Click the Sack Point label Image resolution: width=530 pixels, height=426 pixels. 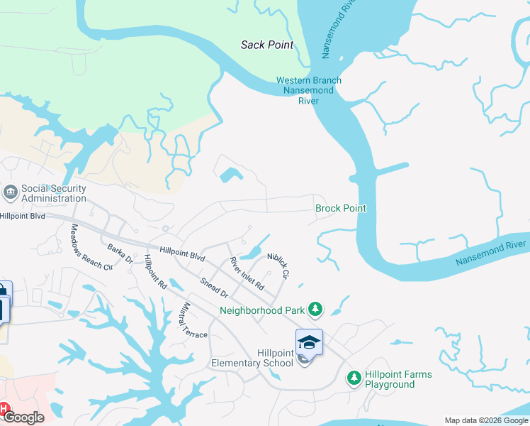coord(267,45)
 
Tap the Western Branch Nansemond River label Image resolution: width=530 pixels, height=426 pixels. coord(308,90)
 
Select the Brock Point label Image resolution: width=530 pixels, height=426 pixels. coord(341,208)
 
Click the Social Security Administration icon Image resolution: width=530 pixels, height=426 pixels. coord(11,192)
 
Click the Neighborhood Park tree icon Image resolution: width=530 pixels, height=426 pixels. coord(315,310)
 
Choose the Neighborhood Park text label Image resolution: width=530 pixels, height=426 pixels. coord(261,310)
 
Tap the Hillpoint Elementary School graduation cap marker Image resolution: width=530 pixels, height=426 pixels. coord(309,343)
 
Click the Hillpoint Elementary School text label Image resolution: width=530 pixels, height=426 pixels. coord(252,358)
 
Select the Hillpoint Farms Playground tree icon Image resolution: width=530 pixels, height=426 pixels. coord(354,378)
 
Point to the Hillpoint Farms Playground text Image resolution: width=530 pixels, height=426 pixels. coord(398,379)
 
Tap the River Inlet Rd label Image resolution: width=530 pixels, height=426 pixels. coord(247,274)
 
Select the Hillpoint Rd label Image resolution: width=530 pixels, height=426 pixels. coord(154,272)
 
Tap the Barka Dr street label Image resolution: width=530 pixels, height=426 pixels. coord(120,253)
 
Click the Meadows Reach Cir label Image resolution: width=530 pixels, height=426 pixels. coord(91,247)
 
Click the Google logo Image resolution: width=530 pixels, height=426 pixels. coord(23,417)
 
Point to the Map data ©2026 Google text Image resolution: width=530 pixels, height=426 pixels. coord(485,420)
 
